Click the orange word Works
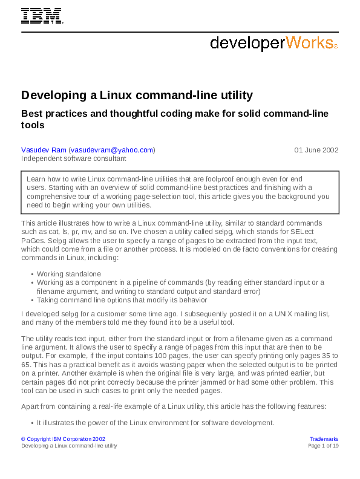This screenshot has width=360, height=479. pos(309,42)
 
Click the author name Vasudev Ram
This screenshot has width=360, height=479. pos(44,150)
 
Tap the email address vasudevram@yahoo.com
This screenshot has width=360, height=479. pos(112,150)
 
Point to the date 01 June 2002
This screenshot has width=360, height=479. pos(316,150)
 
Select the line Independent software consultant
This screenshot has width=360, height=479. pos(74,158)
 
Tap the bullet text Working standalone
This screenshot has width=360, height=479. pos(68,274)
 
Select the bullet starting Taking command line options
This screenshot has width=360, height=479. pos(122,299)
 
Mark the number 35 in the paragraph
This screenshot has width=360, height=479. pos(326,356)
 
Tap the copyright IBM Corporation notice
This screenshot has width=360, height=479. pos(64,438)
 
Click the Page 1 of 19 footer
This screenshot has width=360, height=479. pos(324,445)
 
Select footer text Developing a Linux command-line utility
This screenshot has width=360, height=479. pos(69,445)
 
